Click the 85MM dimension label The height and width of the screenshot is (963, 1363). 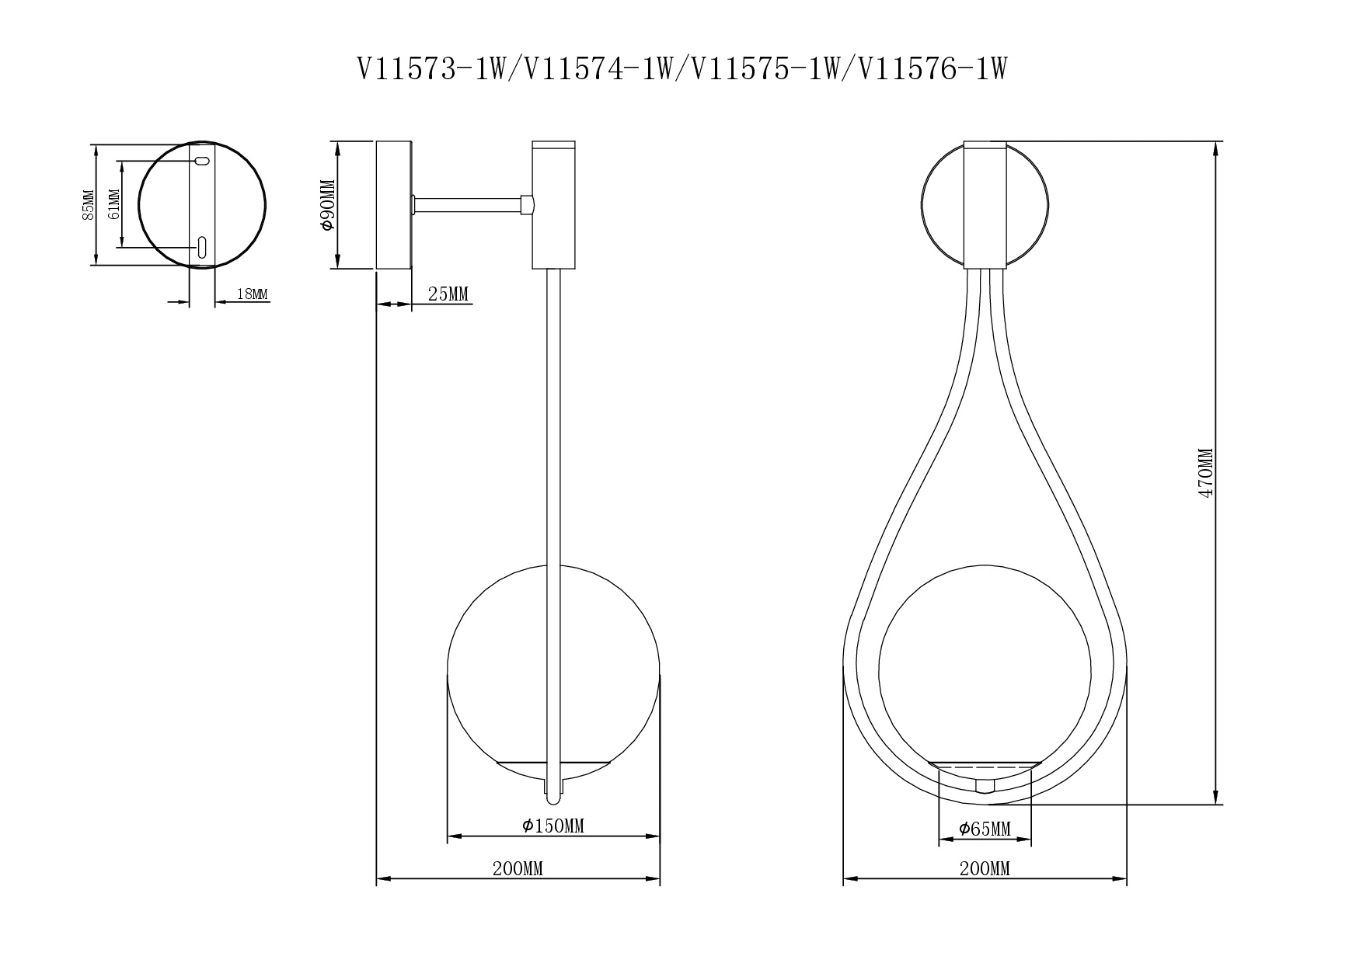coord(88,205)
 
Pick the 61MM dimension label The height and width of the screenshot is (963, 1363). coord(114,205)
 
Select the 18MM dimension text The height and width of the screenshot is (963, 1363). coord(251,294)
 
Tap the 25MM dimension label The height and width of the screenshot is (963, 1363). coord(448,294)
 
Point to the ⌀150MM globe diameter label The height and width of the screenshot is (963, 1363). coord(553,826)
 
